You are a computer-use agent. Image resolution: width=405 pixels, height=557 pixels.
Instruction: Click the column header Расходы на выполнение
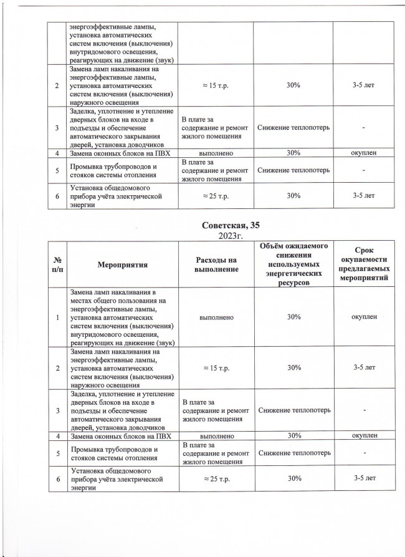(x=213, y=264)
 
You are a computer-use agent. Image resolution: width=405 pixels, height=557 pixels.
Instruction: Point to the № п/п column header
(x=58, y=264)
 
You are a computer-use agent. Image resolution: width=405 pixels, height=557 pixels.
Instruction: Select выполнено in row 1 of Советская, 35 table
(x=213, y=317)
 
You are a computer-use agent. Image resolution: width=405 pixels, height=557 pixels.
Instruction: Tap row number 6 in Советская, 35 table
(x=58, y=478)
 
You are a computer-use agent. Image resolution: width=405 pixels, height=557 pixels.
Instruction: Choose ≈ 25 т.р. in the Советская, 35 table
(x=213, y=478)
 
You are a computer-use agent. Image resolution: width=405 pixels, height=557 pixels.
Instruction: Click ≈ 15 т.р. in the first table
(x=213, y=84)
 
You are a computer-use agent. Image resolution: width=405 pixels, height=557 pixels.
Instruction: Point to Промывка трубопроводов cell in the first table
(x=117, y=170)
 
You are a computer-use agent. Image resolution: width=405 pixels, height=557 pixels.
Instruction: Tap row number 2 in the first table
(x=58, y=84)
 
